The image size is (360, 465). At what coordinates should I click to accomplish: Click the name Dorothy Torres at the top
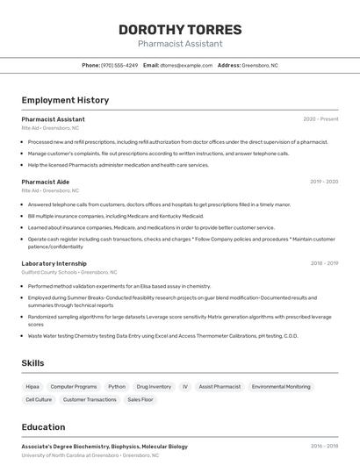[x=180, y=30]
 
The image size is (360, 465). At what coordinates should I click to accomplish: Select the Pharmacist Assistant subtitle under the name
[x=180, y=44]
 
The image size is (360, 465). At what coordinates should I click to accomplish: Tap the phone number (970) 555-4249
[x=119, y=65]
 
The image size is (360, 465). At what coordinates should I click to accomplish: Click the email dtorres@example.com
[x=186, y=65]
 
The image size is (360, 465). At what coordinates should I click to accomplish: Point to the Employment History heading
[x=65, y=100]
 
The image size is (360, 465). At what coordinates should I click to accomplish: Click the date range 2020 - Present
[x=320, y=119]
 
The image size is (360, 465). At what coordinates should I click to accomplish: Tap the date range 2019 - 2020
[x=323, y=182]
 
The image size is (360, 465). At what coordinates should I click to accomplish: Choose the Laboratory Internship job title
[x=54, y=263]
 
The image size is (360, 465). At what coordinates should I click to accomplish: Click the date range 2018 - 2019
[x=324, y=263]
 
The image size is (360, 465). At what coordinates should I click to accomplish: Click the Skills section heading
[x=33, y=363]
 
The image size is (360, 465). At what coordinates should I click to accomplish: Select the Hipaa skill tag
[x=32, y=386]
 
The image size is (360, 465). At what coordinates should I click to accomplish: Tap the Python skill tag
[x=117, y=386]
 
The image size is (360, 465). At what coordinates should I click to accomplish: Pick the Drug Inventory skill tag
[x=154, y=386]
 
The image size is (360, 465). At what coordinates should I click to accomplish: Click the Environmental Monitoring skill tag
[x=281, y=386]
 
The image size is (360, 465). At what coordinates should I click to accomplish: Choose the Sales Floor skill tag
[x=140, y=399]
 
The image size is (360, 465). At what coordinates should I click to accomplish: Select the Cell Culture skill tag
[x=39, y=399]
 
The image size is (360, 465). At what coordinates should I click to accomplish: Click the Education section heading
[x=43, y=428]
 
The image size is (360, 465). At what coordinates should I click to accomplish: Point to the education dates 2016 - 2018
[x=324, y=447]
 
